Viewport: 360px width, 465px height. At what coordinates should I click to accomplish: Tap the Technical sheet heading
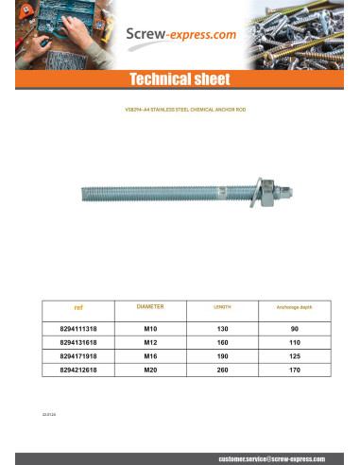pyautogui.click(x=180, y=79)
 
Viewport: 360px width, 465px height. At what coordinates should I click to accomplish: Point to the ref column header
pyautogui.click(x=78, y=307)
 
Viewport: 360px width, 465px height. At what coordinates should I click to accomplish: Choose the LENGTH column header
pyautogui.click(x=223, y=308)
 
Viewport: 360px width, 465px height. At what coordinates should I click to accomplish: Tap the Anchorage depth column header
pyautogui.click(x=293, y=308)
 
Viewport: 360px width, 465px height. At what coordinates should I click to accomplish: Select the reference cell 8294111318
pyautogui.click(x=78, y=328)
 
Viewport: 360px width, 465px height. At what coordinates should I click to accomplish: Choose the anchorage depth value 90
pyautogui.click(x=293, y=328)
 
